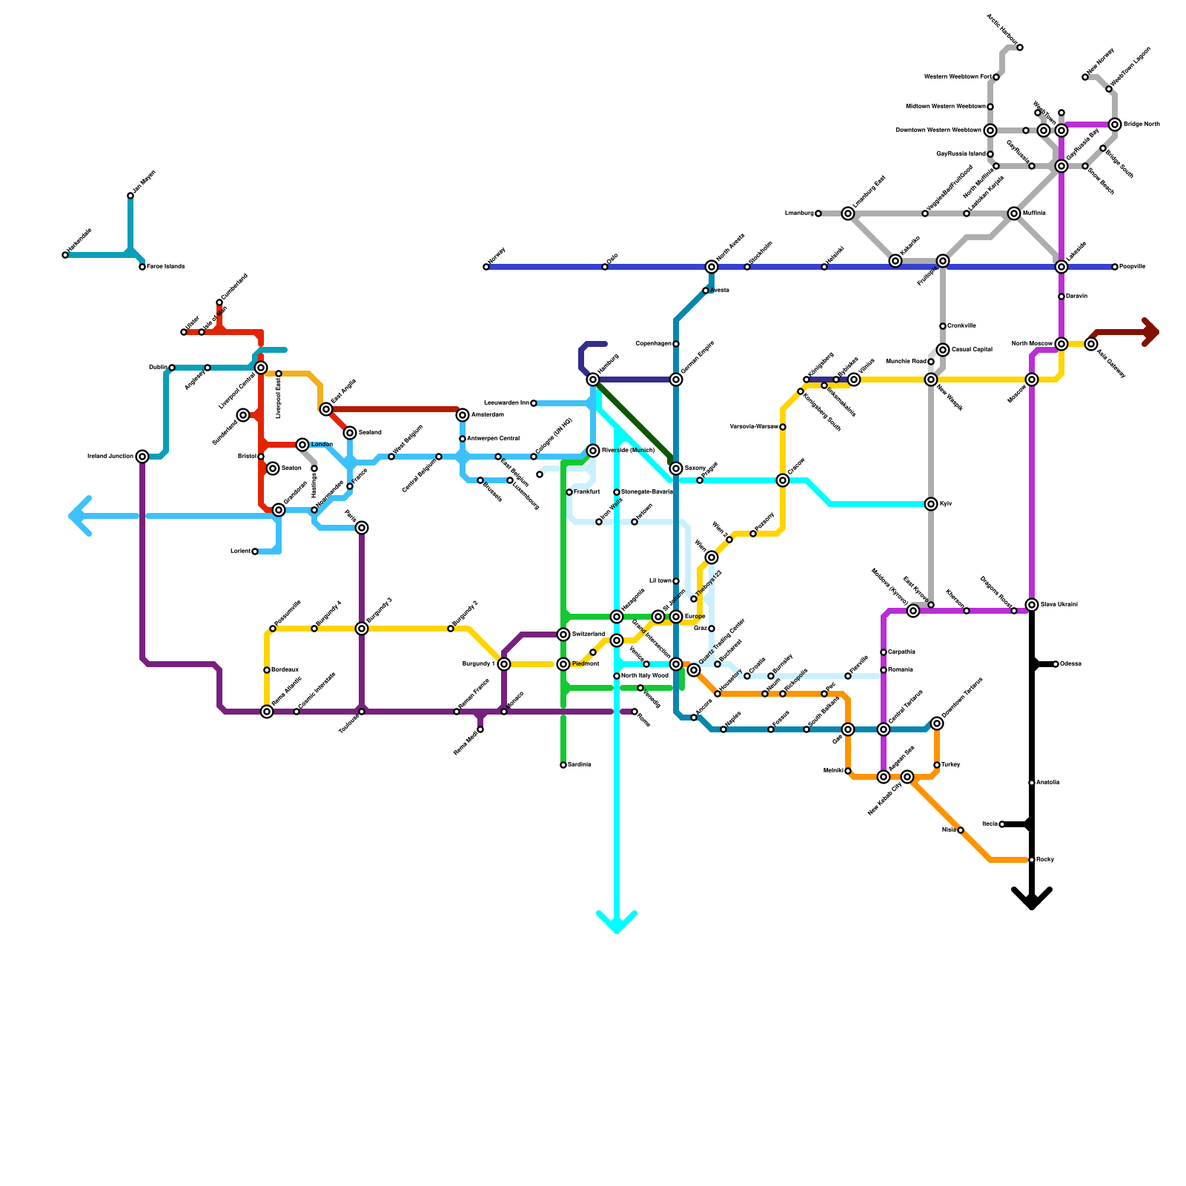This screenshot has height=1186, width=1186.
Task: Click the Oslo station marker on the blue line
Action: tap(605, 267)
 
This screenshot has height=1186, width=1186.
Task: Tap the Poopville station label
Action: tap(1132, 267)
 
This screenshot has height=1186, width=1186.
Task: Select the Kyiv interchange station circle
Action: tap(931, 504)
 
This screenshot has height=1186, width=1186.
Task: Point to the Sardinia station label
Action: tap(580, 765)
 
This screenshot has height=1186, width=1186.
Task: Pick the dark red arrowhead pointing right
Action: tap(1150, 332)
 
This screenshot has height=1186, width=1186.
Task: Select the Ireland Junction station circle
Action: tap(142, 457)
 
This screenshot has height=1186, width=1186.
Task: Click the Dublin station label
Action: tap(157, 368)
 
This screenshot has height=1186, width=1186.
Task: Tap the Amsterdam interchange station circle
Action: tap(463, 415)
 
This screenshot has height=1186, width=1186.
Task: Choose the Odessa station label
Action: tap(1070, 664)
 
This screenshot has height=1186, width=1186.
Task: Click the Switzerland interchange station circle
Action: tap(563, 635)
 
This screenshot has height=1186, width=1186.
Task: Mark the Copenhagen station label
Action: tap(653, 344)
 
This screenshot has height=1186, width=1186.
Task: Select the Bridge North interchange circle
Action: tap(1115, 125)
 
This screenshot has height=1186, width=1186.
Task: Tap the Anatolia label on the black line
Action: tap(1047, 783)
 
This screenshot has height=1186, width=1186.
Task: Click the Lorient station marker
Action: tap(255, 551)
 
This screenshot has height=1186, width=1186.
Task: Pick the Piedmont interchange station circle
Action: tap(563, 664)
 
